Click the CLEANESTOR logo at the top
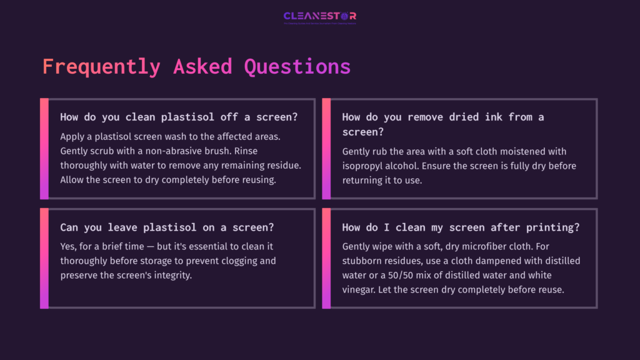319,16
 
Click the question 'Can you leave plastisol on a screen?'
167,227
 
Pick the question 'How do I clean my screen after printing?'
461,227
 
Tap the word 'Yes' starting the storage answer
69,246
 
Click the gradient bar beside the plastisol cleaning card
44,149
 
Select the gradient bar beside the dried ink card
326,149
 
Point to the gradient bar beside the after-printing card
326,258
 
